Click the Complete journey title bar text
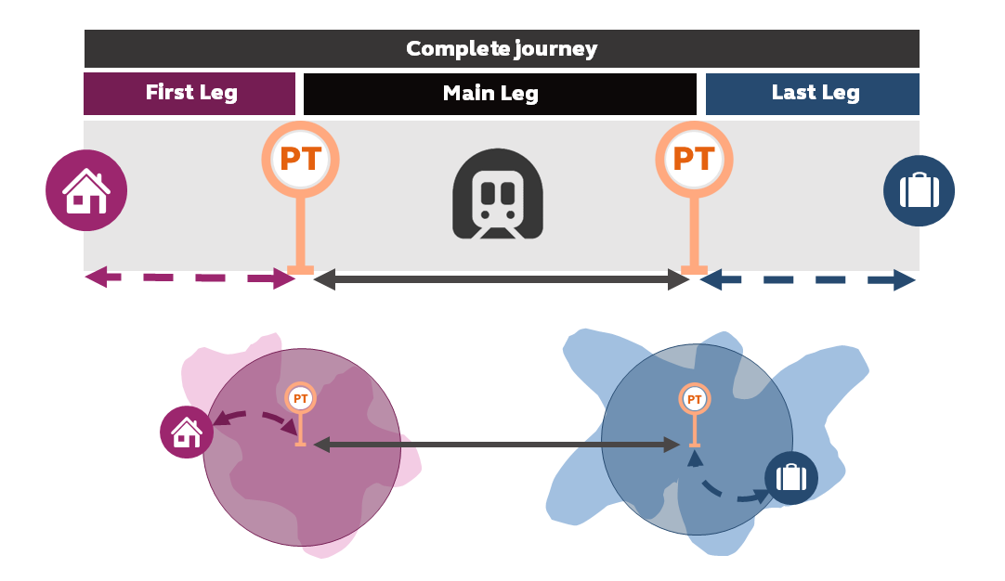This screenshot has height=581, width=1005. coord(502,48)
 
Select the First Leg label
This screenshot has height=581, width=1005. coord(191,93)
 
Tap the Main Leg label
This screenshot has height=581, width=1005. coord(490,93)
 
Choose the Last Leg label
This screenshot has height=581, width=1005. coord(815,93)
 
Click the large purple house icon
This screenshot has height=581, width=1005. coord(86,191)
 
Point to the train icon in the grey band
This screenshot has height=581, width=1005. coord(498,194)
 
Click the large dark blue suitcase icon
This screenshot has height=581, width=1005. coord(919,191)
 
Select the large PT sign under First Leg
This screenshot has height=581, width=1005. coord(300,161)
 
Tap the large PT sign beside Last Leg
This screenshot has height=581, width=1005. coord(694,161)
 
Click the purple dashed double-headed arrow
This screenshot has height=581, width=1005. coord(190,278)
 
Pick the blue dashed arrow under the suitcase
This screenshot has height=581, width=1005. coord(808,279)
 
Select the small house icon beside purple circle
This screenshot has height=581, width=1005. coord(187,433)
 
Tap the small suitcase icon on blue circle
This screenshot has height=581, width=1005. coord(790,478)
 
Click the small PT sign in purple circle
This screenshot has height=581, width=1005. coord(300,399)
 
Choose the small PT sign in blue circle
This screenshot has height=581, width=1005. coord(693,399)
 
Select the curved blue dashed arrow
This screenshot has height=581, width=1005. coord(724,491)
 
